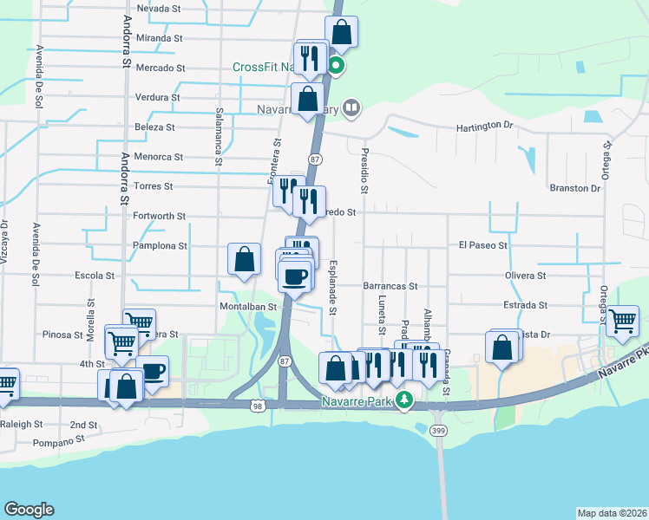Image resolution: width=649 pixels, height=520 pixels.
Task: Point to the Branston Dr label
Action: tap(575, 187)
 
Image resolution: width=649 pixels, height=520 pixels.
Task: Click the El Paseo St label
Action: tap(482, 246)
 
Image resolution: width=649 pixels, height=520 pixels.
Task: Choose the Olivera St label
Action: tap(526, 276)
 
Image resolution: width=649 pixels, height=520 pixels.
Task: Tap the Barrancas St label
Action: tap(390, 285)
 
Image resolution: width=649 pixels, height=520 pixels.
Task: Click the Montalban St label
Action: tap(247, 306)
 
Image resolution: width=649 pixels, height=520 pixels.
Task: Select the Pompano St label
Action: tap(58, 441)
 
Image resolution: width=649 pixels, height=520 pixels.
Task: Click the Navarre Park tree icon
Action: tap(403, 400)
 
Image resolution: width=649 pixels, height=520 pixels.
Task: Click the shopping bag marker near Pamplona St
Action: tap(245, 257)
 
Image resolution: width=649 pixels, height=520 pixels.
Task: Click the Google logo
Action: tap(29, 510)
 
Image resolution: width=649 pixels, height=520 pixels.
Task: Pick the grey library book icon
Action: tap(351, 108)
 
